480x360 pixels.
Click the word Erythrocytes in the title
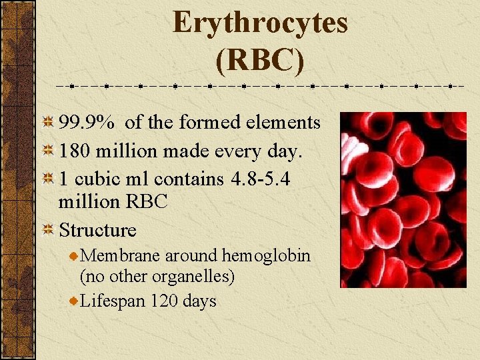point(260,22)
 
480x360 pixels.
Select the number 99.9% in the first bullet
point(86,123)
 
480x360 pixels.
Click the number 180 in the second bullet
point(75,151)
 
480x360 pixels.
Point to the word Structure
point(97,231)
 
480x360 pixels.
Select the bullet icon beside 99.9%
point(48,123)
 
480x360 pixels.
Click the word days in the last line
point(199,302)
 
